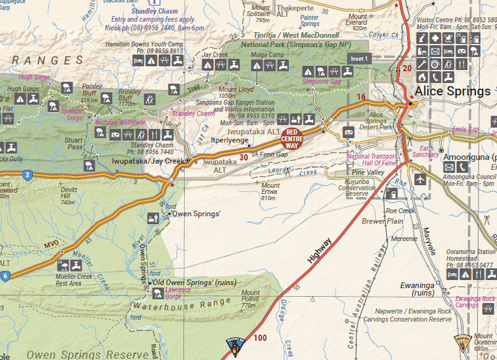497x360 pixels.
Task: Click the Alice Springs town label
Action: click(452, 92)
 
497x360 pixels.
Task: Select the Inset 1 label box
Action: click(359, 58)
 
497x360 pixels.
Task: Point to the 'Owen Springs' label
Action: click(196, 214)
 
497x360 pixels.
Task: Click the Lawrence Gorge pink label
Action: click(178, 293)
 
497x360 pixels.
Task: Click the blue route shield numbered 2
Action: click(27, 175)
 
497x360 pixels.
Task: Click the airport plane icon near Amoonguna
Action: click(421, 179)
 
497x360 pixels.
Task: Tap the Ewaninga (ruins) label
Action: click(416, 289)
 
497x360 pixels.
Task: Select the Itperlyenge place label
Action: click(230, 141)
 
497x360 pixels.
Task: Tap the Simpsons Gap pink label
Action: click(321, 82)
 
